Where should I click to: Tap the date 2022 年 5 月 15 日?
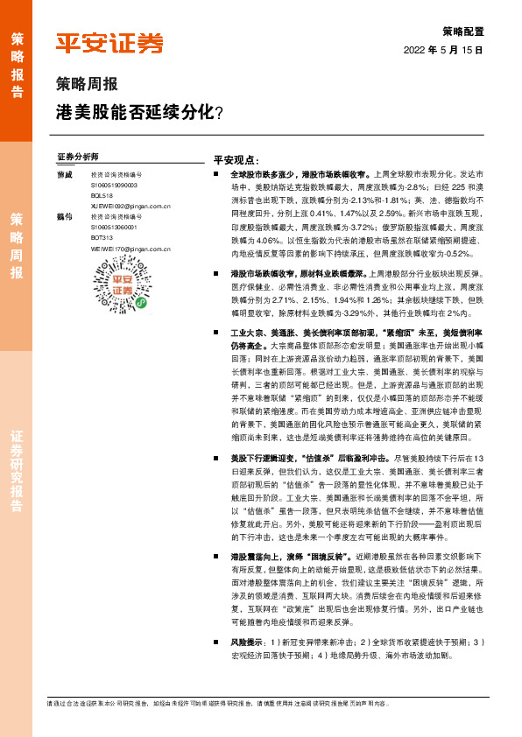pos(443,51)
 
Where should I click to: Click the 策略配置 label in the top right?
pos(462,29)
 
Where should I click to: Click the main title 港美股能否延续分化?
pos(139,112)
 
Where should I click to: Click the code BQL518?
pos(102,195)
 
